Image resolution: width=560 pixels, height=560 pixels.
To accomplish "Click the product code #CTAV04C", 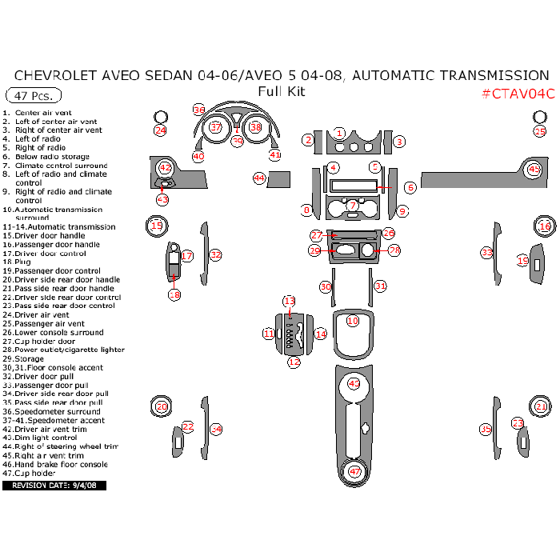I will pos(518,94).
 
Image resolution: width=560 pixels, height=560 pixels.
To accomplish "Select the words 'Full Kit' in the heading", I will pos(281,91).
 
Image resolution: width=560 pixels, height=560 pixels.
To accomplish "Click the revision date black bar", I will pos(54,486).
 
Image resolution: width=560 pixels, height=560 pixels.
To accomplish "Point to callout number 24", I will pos(160,130).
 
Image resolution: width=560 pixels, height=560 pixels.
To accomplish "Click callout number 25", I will pos(540,131).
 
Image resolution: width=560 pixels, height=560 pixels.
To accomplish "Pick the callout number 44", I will pos(259,178).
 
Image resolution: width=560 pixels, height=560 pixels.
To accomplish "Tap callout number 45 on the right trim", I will pos(534,170).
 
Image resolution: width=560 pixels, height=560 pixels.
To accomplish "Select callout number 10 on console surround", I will pos(353,320).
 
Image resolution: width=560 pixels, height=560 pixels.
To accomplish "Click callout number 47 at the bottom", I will pos(354,472).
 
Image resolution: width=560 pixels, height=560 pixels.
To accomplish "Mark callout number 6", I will pos(410,188).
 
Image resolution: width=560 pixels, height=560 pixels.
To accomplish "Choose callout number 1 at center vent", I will pos(339,133).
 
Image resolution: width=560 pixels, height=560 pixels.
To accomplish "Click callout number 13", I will pos(290,300).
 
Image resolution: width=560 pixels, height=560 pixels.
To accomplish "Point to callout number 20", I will pos(161,407).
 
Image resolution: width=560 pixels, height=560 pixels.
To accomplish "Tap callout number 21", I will pos(542,407).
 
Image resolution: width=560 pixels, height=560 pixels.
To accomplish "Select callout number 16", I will pos(545,227).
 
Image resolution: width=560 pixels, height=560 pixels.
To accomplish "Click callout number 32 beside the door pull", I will pos(215,254).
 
